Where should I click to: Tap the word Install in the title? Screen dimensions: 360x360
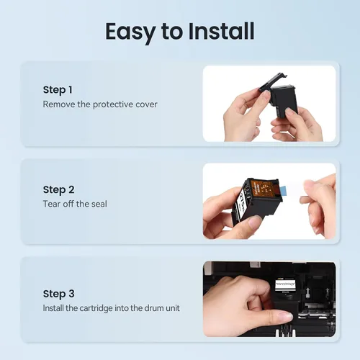pyautogui.click(x=221, y=31)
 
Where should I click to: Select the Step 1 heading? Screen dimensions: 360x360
pyautogui.click(x=58, y=90)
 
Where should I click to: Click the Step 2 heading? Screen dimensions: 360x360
pyautogui.click(x=58, y=190)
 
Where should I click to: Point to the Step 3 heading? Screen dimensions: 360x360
pyautogui.click(x=58, y=294)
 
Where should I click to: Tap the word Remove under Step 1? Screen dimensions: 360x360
pyautogui.click(x=59, y=104)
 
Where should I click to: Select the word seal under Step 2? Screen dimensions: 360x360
pyautogui.click(x=99, y=204)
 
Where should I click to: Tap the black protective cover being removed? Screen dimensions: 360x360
pyautogui.click(x=272, y=82)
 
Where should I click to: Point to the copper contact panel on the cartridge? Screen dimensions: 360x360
pyautogui.click(x=263, y=188)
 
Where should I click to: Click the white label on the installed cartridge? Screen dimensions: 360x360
pyautogui.click(x=285, y=284)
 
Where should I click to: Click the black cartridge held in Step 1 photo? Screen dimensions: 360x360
pyautogui.click(x=284, y=102)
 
